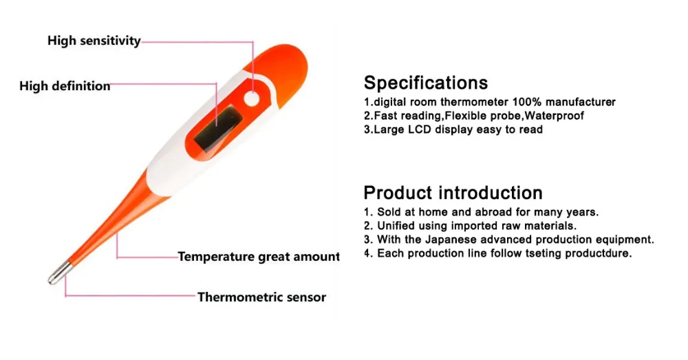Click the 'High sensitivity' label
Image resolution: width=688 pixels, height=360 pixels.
coord(94,41)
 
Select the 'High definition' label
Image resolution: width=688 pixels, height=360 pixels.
coord(65,86)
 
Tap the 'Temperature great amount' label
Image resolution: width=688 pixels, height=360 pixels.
coord(259,257)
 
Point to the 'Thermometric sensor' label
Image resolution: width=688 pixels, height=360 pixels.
coord(261,297)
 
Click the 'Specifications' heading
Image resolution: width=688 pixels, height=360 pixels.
coord(425,83)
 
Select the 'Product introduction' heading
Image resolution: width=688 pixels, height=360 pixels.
coord(453,192)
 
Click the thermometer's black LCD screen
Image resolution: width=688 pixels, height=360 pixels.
coord(218,127)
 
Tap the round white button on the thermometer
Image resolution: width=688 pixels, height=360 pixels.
coord(252,99)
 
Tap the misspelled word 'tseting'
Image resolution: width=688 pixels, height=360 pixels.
coord(528,253)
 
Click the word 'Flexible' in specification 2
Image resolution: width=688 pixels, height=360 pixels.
coord(467,116)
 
